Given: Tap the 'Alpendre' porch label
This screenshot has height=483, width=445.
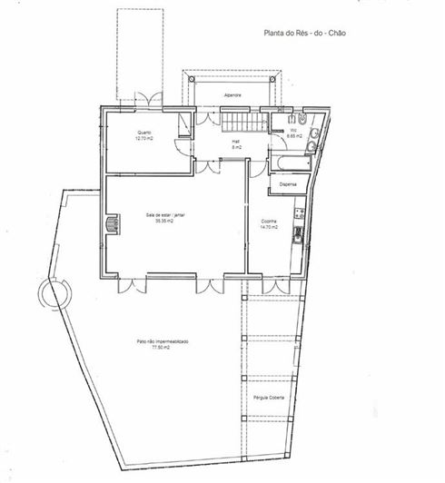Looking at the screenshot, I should point(232,94).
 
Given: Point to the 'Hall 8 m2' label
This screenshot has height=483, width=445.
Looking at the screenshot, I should point(235,144).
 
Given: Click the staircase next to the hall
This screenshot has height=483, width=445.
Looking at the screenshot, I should point(242,122).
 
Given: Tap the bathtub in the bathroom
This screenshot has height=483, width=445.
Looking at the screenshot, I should point(290,164).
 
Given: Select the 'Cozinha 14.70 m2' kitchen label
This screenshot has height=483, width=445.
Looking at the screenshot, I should point(269,224).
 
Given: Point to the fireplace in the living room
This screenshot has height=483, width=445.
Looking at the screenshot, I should point(113,224).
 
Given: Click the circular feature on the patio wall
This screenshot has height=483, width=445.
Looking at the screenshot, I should point(53,293).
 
